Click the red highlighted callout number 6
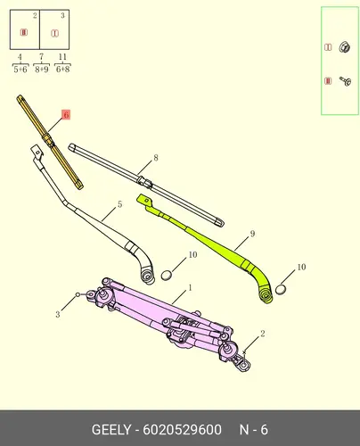pos(66,114)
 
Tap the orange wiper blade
pos(50,142)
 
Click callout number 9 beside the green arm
pos(252,234)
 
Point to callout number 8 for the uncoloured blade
pos(156,158)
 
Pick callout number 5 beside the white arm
pos(119,204)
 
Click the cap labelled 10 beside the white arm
pos(167,276)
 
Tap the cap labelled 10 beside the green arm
pos(281,289)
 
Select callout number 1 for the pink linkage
pos(190,288)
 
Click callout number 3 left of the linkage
pos(58,314)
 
